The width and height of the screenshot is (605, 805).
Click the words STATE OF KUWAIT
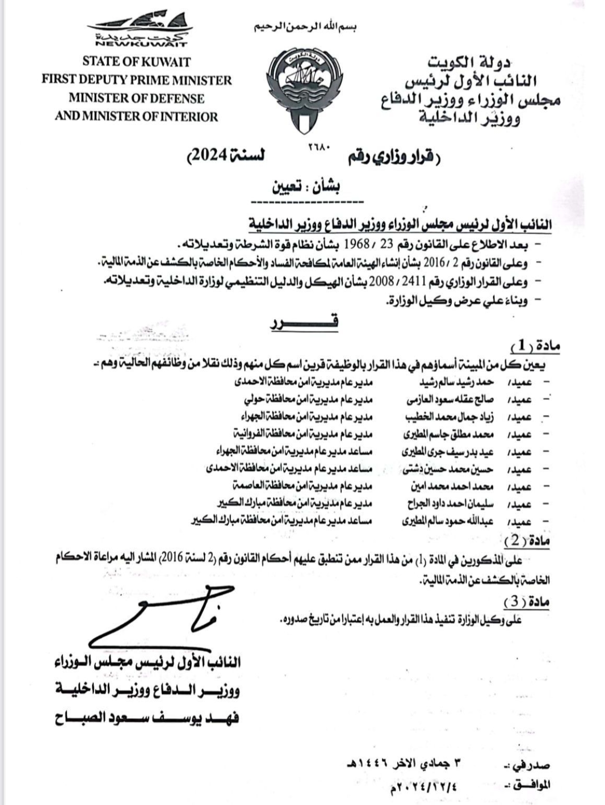[x=137, y=62]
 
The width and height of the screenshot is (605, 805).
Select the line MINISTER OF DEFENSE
[x=137, y=98]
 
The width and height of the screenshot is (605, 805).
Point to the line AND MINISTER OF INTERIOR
[x=137, y=117]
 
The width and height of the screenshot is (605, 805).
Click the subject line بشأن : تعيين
[x=307, y=186]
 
